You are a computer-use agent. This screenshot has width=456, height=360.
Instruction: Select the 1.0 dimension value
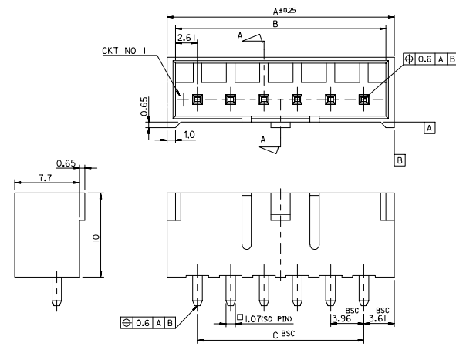[191, 134]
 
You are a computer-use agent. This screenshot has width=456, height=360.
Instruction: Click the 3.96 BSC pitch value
[341, 317]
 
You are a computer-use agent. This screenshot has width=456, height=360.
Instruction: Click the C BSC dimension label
[284, 335]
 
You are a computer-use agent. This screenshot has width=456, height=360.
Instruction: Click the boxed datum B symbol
[400, 160]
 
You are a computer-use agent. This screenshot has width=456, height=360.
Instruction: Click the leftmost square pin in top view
[197, 99]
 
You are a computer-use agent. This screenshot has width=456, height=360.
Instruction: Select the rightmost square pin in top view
[363, 99]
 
